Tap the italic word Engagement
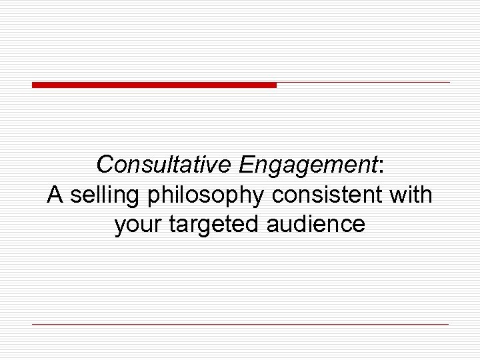point(308,164)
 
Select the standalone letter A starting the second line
point(55,195)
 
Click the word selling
point(106,196)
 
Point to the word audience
point(316,224)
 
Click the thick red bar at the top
point(154,85)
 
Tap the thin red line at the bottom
point(240,324)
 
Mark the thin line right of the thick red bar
point(363,83)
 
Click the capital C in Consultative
point(104,164)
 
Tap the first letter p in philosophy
point(155,197)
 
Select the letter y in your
point(120,227)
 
